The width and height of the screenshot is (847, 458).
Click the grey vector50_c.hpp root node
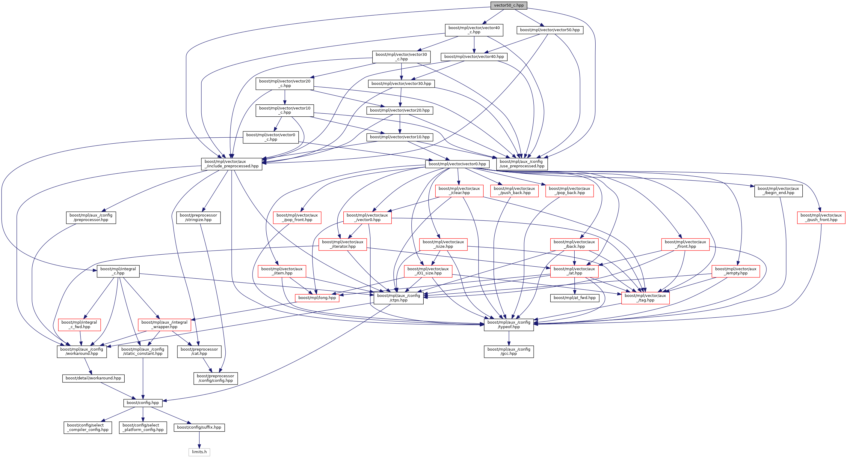(x=508, y=5)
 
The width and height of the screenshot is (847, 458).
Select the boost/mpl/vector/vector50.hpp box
(x=550, y=30)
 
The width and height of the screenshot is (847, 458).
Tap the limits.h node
(x=199, y=452)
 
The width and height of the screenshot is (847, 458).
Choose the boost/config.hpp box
(x=143, y=403)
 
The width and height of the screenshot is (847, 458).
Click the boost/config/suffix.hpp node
(x=199, y=427)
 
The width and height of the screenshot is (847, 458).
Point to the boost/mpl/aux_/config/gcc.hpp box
(x=509, y=351)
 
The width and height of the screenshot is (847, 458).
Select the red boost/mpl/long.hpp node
(x=317, y=298)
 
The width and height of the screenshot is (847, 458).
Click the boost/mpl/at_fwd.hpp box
(x=574, y=298)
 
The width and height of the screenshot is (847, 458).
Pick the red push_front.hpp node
(x=821, y=217)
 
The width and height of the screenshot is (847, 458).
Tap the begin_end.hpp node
(x=778, y=191)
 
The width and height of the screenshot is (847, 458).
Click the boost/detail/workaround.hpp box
(x=93, y=378)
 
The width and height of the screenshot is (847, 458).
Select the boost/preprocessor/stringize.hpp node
(x=198, y=217)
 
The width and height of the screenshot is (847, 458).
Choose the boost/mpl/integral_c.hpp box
(x=118, y=271)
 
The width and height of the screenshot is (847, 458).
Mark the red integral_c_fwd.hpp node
(x=79, y=325)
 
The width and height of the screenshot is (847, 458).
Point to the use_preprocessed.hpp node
(x=522, y=164)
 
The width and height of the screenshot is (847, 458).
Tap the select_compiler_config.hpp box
(x=88, y=427)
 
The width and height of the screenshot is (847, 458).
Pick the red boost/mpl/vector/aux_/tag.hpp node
(x=645, y=298)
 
